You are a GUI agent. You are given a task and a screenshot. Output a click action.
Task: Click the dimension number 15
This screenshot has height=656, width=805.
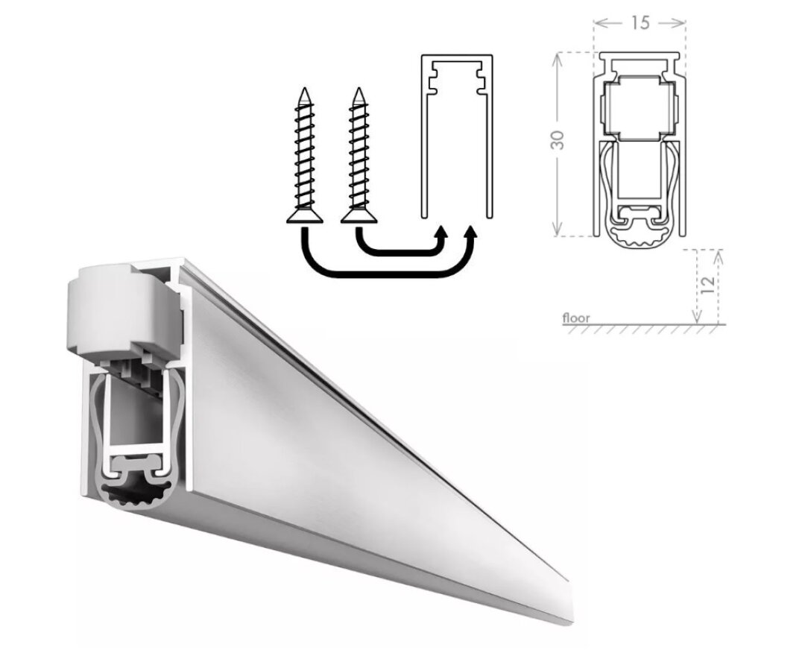[x=640, y=23]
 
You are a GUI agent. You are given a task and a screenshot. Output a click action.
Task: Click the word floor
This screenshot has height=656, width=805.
[x=576, y=318]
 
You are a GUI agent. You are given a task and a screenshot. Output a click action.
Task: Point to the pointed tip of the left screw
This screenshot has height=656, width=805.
[x=304, y=90]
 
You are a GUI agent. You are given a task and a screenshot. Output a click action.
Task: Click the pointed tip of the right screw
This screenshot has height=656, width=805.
[x=359, y=90]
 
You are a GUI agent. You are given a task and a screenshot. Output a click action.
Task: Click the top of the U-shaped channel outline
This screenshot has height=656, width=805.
[x=456, y=57]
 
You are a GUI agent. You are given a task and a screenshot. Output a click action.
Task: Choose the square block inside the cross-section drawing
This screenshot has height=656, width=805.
[x=638, y=108]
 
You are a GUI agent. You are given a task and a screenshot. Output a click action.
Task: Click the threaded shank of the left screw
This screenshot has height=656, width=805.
[x=304, y=157]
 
